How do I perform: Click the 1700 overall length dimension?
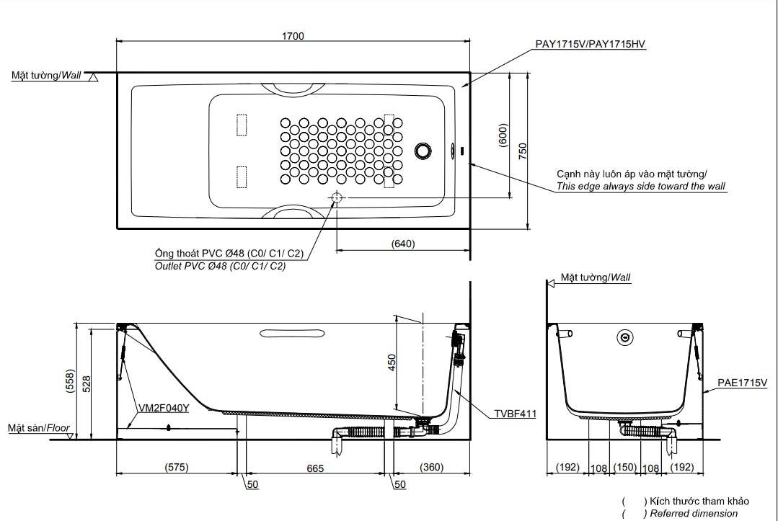293,35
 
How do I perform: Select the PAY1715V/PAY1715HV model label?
590,45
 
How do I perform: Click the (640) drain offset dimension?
403,244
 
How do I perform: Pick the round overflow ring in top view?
423,151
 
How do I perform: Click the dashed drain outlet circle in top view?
336,199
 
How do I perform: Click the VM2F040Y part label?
163,408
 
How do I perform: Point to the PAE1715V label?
742,383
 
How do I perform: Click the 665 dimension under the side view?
314,468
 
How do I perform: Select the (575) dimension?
176,467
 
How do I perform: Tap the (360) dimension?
430,467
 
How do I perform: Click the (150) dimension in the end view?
624,467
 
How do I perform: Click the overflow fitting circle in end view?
625,337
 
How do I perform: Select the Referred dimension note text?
694,513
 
